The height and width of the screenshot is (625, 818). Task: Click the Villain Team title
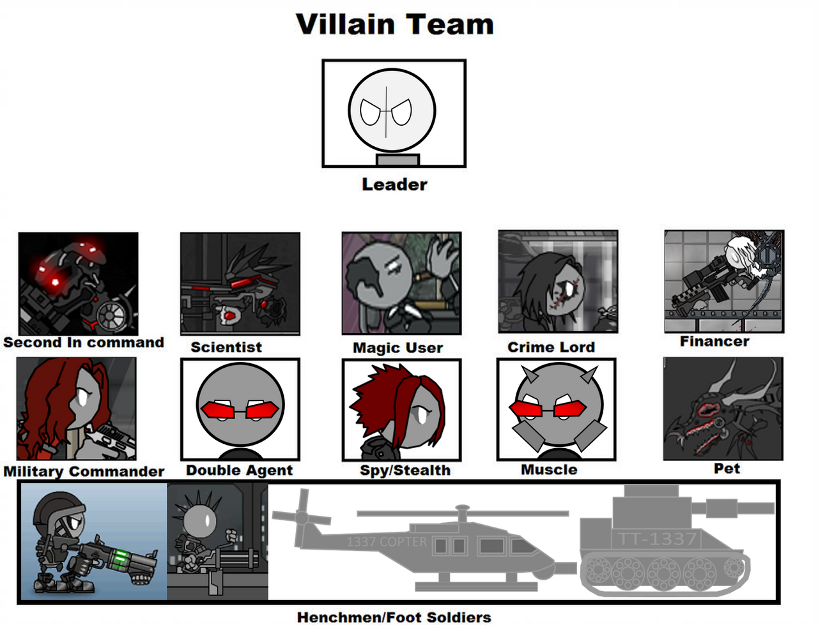click(x=394, y=24)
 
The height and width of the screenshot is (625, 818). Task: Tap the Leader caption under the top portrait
click(x=394, y=184)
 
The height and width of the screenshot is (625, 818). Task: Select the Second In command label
click(x=84, y=342)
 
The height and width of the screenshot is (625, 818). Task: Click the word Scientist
click(x=226, y=347)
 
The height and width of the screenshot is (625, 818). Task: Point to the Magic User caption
click(x=397, y=348)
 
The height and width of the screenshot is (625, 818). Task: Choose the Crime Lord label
click(x=551, y=347)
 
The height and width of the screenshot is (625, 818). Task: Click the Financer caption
click(x=714, y=342)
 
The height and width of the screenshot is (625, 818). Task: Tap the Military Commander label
click(x=84, y=471)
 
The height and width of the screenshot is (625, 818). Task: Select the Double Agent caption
click(x=239, y=470)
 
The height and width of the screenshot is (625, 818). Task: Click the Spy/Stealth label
click(x=405, y=470)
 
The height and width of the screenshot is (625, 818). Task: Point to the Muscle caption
click(x=549, y=470)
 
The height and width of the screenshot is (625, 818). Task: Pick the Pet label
click(x=727, y=469)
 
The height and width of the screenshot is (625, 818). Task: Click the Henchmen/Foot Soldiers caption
click(x=394, y=617)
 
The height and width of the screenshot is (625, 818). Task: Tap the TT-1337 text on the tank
click(x=657, y=539)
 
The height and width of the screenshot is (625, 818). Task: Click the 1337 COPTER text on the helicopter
click(x=387, y=541)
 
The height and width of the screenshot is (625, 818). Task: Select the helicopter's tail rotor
click(x=302, y=517)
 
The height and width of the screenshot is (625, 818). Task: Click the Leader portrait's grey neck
click(x=397, y=160)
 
